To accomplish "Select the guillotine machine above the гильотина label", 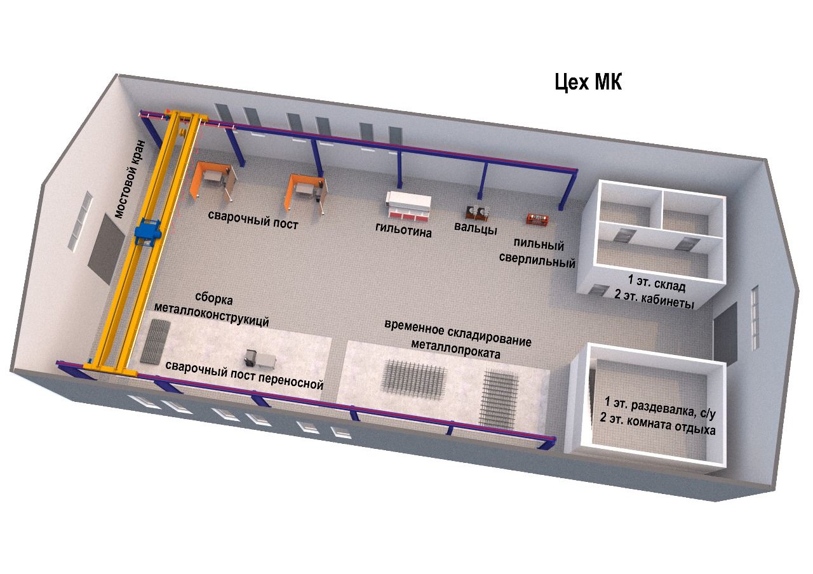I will [x=409, y=204].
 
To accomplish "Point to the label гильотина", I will [x=403, y=232].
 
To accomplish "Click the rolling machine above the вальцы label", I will [x=478, y=212].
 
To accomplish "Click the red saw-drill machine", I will [x=537, y=219].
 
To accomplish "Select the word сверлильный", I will [x=544, y=261].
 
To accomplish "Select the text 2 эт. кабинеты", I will [x=654, y=298].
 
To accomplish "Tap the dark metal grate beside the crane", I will [x=155, y=342].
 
